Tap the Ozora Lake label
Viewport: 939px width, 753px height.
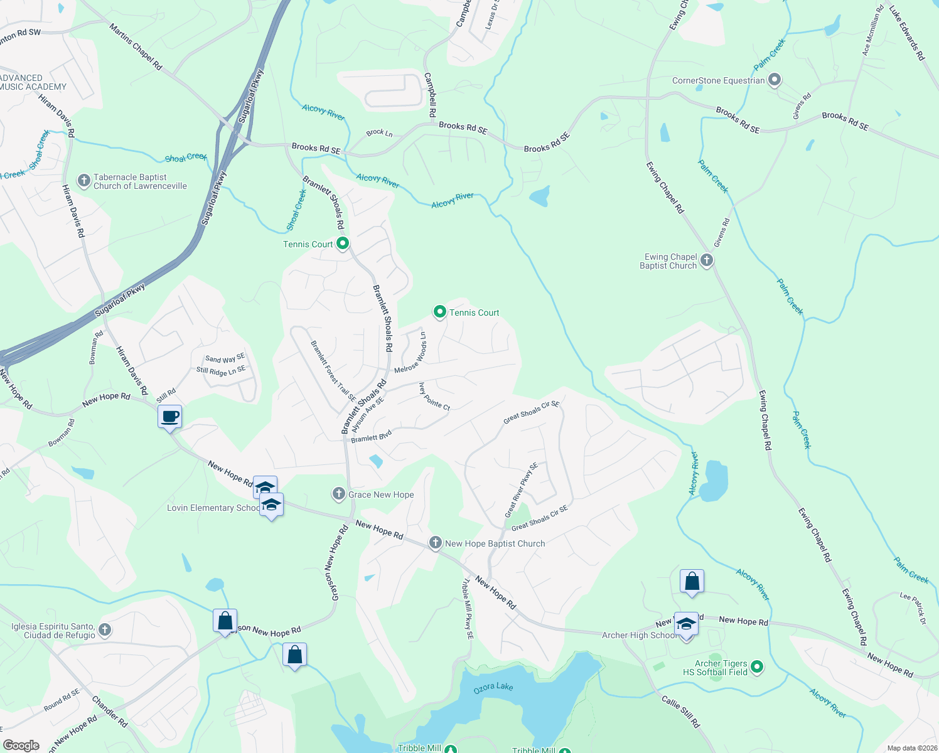point(493,687)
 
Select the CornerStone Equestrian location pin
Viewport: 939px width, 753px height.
point(775,80)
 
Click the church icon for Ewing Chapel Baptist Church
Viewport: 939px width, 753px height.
point(707,260)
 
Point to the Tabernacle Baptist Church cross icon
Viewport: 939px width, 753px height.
point(84,181)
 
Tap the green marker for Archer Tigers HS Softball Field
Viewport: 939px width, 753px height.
point(757,667)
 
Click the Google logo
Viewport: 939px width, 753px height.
point(21,745)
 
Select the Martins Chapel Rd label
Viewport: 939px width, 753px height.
point(136,47)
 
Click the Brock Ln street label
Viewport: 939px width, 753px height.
point(379,133)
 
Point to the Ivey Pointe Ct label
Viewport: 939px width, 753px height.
point(434,397)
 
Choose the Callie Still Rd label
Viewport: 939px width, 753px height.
point(680,711)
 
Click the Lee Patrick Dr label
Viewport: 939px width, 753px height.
point(913,608)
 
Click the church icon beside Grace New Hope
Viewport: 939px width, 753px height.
point(339,494)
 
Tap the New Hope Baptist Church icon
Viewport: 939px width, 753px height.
point(436,543)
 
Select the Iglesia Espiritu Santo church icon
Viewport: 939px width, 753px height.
point(105,630)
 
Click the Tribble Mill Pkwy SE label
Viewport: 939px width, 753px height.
point(468,609)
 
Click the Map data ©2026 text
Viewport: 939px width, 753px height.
point(912,748)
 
